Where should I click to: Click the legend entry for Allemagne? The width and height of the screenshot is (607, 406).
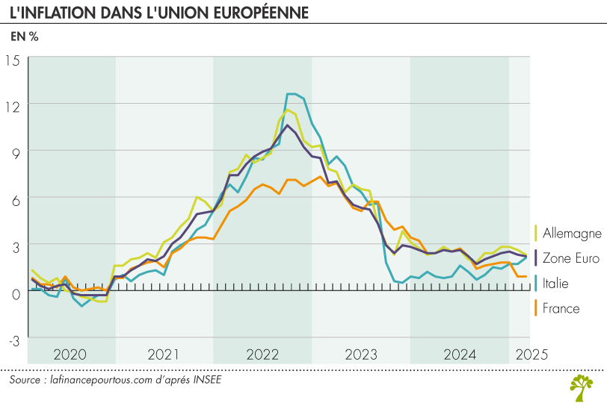tap(571, 233)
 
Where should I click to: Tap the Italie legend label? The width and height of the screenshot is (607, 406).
tap(555, 283)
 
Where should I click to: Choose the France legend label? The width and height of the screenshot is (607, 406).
tap(561, 307)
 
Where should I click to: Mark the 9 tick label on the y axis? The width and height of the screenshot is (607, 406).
tap(16, 152)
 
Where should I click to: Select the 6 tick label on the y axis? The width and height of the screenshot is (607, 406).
tap(16, 199)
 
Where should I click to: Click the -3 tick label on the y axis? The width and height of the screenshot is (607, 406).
tap(13, 340)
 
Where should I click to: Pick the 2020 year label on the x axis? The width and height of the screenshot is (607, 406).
tap(71, 355)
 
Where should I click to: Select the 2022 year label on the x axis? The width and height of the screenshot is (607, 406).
tap(262, 355)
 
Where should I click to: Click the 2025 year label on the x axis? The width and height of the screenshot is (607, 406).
tap(530, 355)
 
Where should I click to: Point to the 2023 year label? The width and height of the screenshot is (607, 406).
tap(360, 355)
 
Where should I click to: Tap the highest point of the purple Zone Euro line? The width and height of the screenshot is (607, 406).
tap(287, 125)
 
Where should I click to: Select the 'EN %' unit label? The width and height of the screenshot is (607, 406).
tap(24, 37)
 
